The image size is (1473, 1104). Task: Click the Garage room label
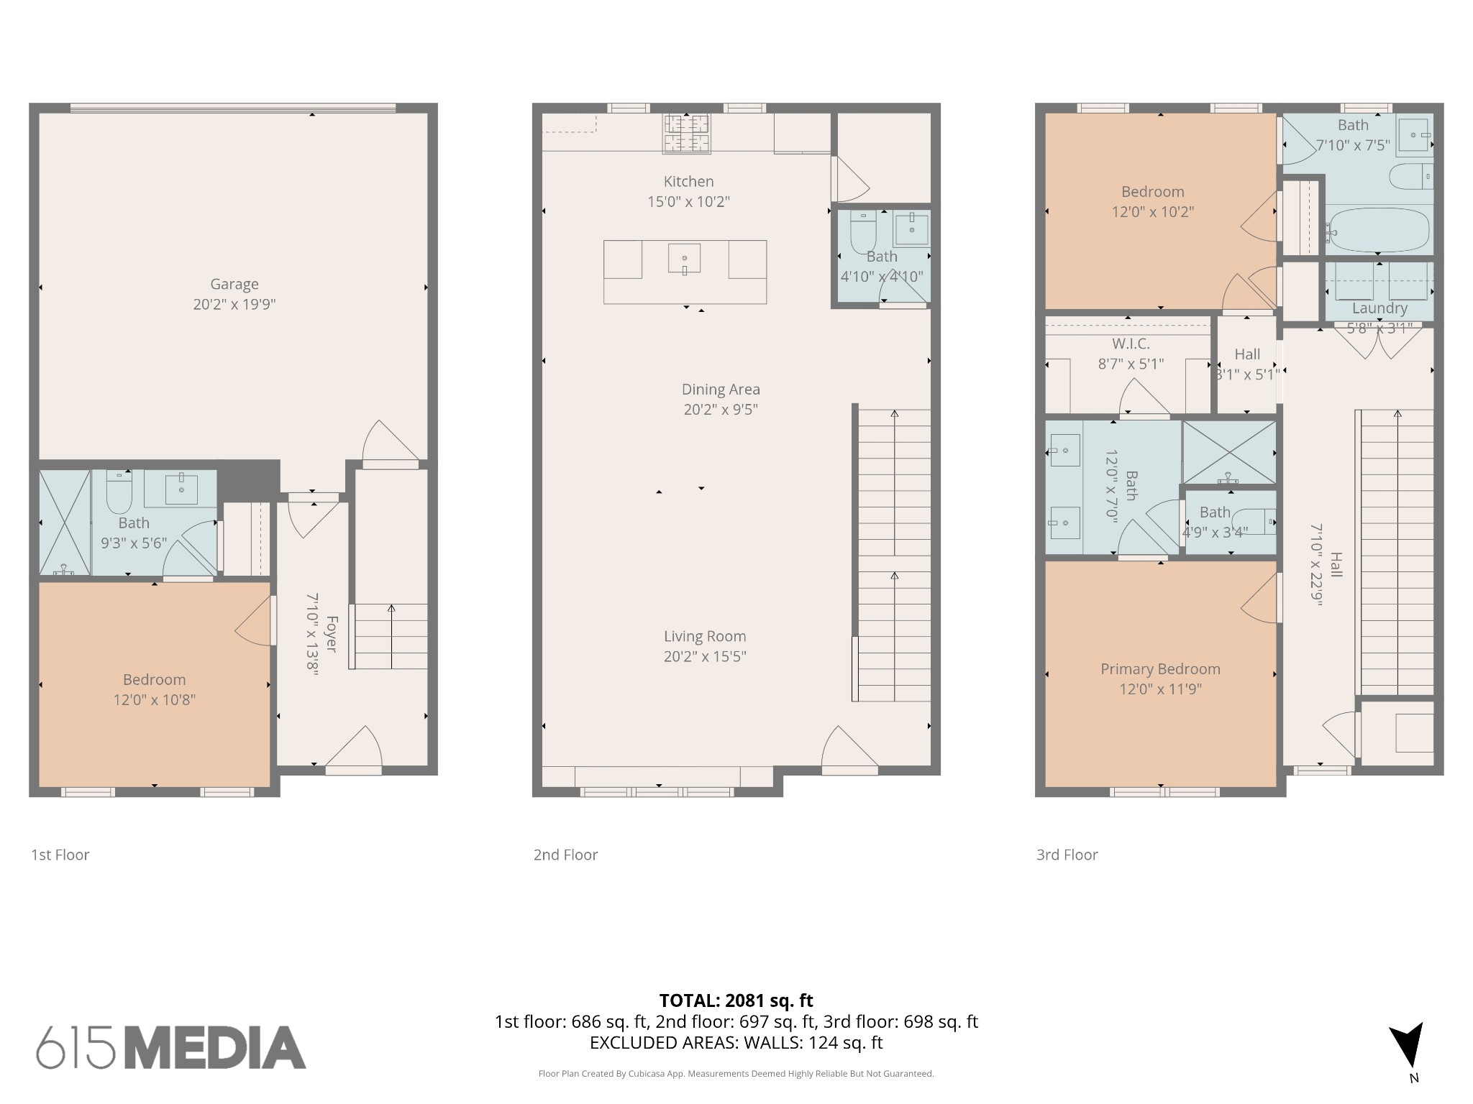click(x=234, y=284)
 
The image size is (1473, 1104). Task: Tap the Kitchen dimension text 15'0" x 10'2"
click(x=688, y=202)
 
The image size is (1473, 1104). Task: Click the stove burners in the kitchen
click(x=686, y=133)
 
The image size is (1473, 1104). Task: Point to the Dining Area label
click(x=721, y=389)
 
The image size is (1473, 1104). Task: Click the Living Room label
click(x=704, y=636)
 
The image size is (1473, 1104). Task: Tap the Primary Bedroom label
click(x=1159, y=668)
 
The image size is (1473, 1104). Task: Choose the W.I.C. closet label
click(x=1131, y=344)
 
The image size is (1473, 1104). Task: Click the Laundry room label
click(x=1379, y=308)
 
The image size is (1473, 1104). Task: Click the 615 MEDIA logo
click(x=170, y=1047)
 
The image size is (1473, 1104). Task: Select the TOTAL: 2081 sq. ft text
click(x=736, y=1000)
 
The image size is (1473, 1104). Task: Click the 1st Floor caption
click(x=60, y=855)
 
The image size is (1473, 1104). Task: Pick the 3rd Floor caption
click(x=1066, y=855)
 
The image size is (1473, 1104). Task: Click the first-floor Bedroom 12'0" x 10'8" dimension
click(x=154, y=699)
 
